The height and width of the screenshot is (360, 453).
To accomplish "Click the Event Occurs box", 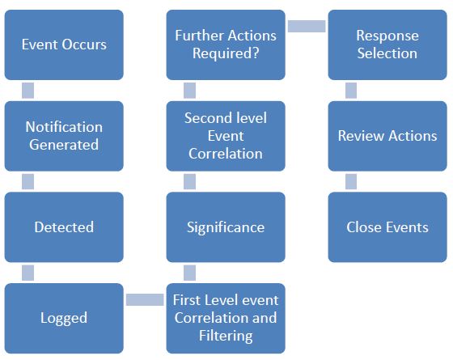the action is [x=64, y=44].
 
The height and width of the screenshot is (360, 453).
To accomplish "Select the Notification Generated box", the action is [x=64, y=136].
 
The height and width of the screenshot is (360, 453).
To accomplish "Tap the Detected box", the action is [x=64, y=227].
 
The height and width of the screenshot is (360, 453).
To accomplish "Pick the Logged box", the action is [x=64, y=318].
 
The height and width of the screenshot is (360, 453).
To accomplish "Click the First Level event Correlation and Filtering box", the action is [x=226, y=318].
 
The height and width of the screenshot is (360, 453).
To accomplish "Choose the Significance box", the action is [x=226, y=227].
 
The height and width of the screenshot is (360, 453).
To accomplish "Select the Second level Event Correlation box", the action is [x=226, y=136].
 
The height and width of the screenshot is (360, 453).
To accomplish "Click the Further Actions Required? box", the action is [x=226, y=44].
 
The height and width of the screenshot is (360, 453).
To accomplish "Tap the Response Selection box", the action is [x=387, y=44].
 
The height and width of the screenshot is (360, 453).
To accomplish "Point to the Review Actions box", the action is [x=387, y=136].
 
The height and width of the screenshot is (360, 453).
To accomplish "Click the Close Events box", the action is [x=387, y=227].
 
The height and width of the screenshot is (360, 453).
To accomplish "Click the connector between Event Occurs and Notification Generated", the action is [x=28, y=91].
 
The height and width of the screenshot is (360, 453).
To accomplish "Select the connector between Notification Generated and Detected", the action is [x=28, y=181].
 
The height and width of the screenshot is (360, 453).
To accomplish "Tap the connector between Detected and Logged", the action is [x=28, y=273].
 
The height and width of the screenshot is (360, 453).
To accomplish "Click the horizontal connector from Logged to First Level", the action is [x=145, y=299].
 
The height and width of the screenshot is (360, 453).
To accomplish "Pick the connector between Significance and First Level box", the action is [x=189, y=273].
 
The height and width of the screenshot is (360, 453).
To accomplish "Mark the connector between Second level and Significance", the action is [x=189, y=181].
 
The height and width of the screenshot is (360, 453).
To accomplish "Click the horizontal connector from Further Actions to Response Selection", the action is [x=307, y=26].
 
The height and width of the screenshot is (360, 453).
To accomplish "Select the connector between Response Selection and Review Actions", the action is [x=351, y=91].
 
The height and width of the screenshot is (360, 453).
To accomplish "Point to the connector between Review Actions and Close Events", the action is [x=351, y=181].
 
